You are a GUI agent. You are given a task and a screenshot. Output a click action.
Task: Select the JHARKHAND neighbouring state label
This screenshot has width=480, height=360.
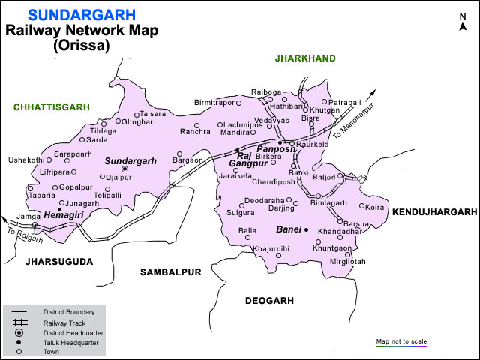point(305,58)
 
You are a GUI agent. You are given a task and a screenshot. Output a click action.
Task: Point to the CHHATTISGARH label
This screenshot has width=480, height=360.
point(51,108)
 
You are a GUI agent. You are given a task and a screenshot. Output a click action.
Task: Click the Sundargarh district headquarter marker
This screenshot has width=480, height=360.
point(125,169)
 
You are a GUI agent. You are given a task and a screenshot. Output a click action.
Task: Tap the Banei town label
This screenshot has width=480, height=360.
point(287,229)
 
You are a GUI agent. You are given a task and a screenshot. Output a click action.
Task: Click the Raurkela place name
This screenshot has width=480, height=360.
point(312,144)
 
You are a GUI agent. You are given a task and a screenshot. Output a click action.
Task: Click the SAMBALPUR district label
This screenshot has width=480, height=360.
point(171,272)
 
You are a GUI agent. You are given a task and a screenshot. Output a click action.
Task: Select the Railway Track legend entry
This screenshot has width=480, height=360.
point(64,322)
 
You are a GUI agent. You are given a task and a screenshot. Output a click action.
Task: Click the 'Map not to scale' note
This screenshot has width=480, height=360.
point(401,341)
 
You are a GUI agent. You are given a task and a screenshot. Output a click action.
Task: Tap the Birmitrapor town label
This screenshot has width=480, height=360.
point(214,102)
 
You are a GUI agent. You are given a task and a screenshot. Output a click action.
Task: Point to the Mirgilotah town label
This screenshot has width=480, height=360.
point(348,261)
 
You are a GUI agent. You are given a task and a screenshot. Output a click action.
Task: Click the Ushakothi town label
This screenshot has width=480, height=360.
point(25,160)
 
